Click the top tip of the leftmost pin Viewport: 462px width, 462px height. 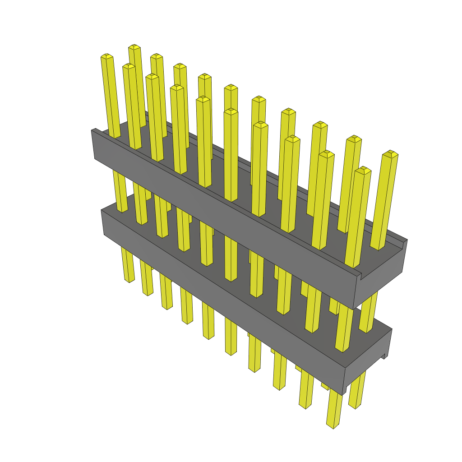point(106,56)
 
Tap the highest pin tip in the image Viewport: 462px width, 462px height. point(134,47)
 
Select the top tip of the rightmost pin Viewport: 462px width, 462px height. point(390,154)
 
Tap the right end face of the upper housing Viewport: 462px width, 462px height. point(381,275)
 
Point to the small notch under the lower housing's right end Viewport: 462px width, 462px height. point(385,356)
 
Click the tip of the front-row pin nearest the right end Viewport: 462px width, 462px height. point(363,171)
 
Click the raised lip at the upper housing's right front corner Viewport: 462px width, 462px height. point(360,275)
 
